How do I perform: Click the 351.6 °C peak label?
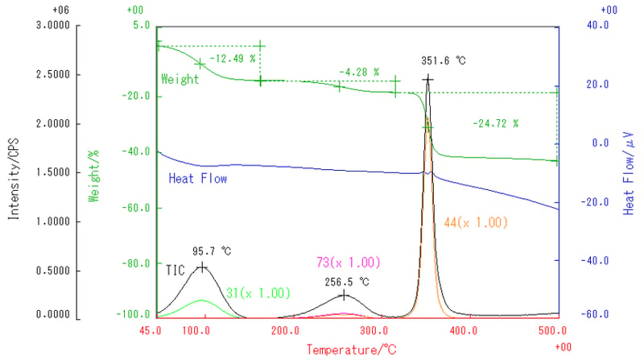444,61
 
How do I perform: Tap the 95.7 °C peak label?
212,251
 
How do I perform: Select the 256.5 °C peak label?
347,282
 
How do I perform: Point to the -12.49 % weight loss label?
233,58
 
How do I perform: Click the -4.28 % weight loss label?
359,72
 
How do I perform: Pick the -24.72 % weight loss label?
495,123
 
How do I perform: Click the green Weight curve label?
180,79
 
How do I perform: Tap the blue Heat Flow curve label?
197,178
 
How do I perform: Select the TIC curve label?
175,270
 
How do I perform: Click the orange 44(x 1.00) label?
476,223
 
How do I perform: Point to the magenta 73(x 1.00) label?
349,263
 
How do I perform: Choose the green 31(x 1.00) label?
258,293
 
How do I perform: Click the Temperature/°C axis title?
351,350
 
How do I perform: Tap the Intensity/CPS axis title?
14,178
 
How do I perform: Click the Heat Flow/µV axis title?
629,173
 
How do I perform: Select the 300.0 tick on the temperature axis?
374,330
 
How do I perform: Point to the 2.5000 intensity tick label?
53,74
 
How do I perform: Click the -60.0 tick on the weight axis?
136,208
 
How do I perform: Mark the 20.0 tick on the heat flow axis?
597,85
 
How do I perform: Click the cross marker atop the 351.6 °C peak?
427,79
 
